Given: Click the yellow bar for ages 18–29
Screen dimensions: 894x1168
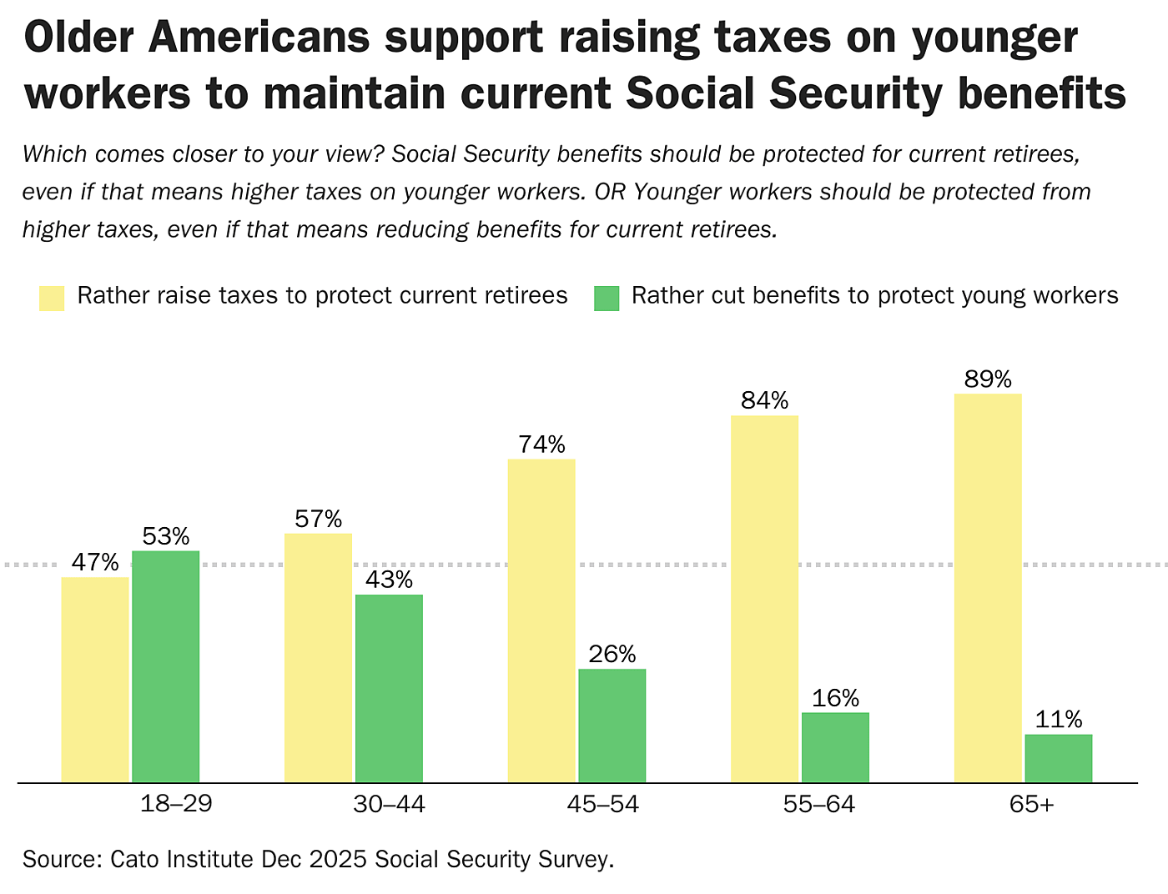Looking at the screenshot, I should [95, 679].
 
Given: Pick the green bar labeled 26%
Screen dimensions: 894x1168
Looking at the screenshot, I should [612, 725].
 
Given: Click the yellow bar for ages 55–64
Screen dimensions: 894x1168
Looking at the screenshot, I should [764, 598].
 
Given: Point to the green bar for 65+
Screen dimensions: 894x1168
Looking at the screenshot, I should [1058, 758].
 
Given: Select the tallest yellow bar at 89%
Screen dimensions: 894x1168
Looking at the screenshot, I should [988, 587].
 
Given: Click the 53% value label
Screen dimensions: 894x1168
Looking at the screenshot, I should [166, 536].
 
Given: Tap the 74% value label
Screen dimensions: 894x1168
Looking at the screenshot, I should [541, 444].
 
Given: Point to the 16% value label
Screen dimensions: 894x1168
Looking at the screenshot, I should [835, 698].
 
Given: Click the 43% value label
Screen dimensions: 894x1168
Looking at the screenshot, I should [389, 580].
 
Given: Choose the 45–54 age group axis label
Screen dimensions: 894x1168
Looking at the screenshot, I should [602, 804].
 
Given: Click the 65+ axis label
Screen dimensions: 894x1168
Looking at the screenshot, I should [1031, 804].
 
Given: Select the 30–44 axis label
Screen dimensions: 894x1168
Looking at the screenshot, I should [389, 804].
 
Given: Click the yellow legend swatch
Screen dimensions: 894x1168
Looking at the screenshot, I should [52, 298].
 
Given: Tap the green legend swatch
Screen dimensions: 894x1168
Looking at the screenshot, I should [607, 298].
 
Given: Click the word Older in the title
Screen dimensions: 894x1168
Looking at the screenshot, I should [80, 38].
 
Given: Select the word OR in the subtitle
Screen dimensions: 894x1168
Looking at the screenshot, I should [611, 192].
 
